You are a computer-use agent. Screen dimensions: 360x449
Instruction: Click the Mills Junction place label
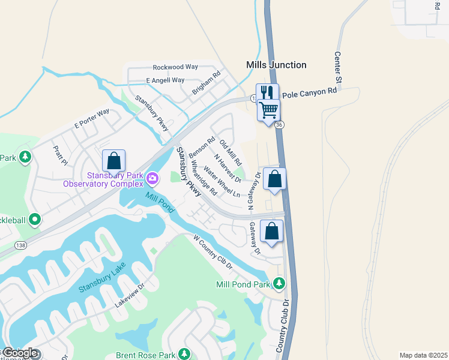coord(276,65)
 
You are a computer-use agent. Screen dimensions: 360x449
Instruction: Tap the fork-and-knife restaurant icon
coord(268,92)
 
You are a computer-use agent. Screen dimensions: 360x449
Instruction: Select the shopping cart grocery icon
coord(268,109)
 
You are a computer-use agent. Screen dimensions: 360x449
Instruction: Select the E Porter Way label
coord(92,118)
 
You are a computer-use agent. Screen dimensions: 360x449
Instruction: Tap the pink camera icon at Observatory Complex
coord(152,178)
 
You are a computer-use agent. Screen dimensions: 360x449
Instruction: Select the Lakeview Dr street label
coord(131,295)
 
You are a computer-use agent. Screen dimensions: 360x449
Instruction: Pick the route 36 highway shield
coord(279,125)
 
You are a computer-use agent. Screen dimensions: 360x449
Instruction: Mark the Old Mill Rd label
coord(231,152)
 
